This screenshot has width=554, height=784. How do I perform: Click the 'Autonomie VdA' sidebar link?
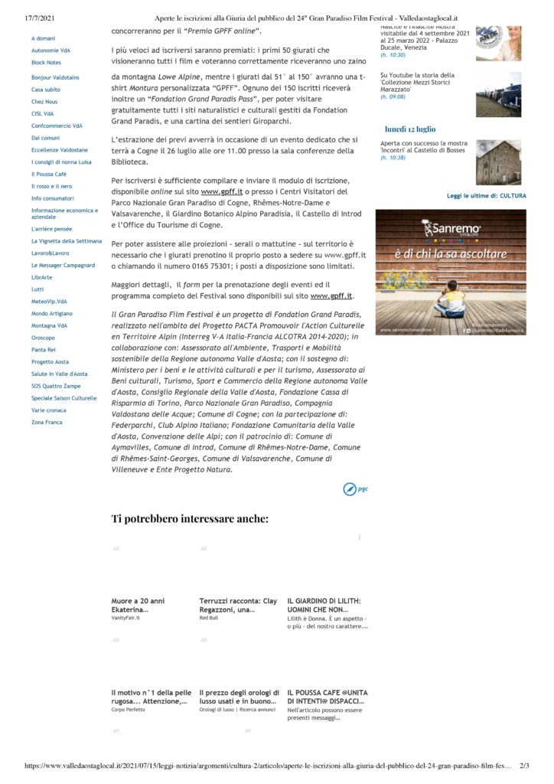[x=51, y=50]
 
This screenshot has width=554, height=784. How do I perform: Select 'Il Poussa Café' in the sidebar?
[x=48, y=174]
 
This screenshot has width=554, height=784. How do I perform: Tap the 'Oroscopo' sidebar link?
[x=43, y=337]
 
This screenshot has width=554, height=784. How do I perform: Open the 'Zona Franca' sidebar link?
[x=47, y=422]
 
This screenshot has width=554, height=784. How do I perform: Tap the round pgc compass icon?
[x=349, y=488]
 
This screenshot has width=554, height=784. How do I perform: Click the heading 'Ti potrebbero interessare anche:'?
[x=190, y=519]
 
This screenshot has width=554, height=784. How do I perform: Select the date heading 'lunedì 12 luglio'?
[x=409, y=129]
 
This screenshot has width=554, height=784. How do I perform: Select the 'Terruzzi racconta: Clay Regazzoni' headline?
[x=238, y=605]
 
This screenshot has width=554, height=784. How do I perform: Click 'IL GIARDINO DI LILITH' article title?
[x=324, y=605]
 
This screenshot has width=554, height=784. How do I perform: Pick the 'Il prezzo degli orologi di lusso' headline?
[x=238, y=696]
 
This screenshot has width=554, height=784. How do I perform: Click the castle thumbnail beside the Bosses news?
[x=498, y=162]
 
